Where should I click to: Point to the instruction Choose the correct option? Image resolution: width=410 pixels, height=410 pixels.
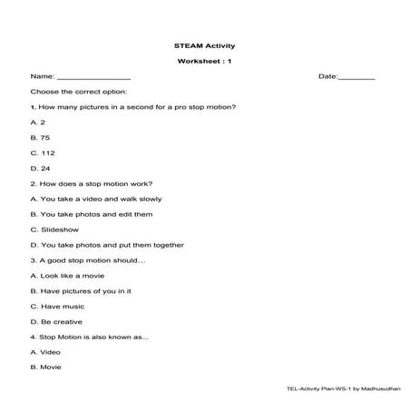pos(79,92)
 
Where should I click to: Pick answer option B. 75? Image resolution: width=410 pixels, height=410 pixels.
pos(41,138)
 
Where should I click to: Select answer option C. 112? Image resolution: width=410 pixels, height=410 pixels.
pos(43,153)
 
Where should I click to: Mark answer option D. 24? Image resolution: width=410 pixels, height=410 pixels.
pos(41,168)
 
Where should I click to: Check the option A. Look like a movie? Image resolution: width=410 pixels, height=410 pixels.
pos(72,276)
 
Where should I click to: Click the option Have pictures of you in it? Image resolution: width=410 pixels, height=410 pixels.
pos(82,291)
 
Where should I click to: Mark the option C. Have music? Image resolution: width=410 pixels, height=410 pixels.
pos(57,307)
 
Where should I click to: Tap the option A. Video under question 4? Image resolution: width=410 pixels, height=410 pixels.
pos(45,352)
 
